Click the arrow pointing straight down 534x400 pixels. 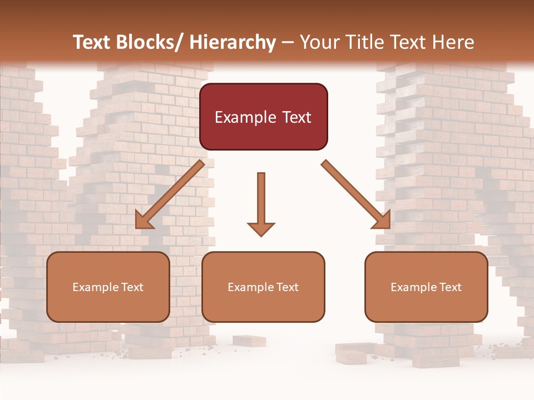pyautogui.click(x=261, y=203)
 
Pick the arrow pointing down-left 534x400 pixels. pyautogui.click(x=170, y=194)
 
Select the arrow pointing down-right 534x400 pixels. pyautogui.click(x=356, y=194)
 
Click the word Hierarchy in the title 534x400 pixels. pyautogui.click(x=233, y=42)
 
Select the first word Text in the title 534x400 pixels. pyautogui.click(x=92, y=42)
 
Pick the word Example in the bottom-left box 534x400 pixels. pyautogui.click(x=95, y=287)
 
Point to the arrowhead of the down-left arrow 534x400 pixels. pyautogui.click(x=144, y=220)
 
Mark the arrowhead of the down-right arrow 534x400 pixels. pyautogui.click(x=382, y=220)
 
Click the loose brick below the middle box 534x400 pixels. pyautogui.click(x=249, y=341)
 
